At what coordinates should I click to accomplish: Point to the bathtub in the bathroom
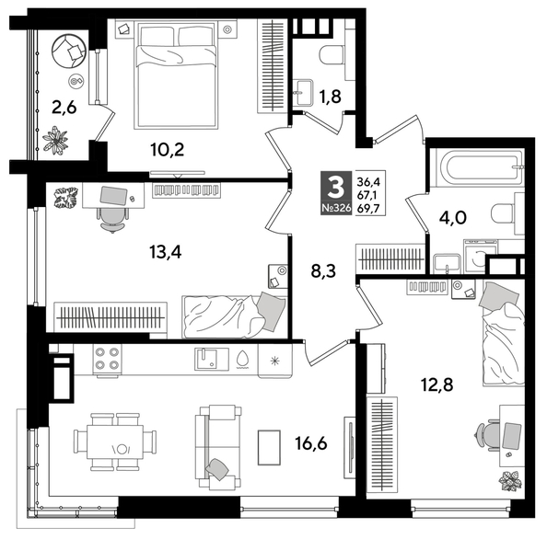(x=481, y=168)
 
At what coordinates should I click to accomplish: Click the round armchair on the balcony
(x=68, y=52)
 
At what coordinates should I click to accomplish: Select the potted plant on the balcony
(x=55, y=141)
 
